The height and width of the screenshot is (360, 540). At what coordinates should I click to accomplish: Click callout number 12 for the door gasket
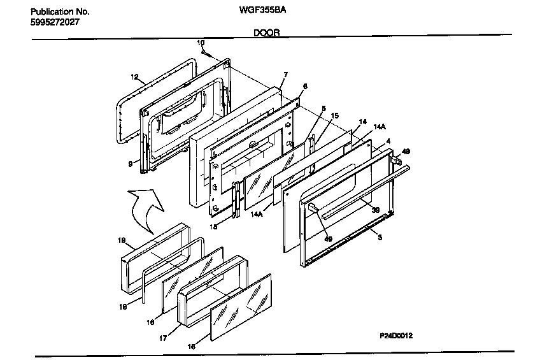[134, 77]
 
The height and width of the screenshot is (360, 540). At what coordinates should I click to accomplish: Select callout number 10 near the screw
[200, 43]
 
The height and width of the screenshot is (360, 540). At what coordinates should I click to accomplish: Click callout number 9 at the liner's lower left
[130, 164]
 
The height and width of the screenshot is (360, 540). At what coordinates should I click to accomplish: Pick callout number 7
[285, 75]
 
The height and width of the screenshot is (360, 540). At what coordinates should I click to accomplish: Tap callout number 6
[304, 86]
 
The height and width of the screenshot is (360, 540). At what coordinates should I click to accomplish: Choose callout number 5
[323, 108]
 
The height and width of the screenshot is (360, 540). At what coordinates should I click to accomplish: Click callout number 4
[388, 141]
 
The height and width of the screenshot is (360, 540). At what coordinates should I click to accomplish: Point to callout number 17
[162, 338]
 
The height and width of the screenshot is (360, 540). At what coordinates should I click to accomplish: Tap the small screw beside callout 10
[205, 54]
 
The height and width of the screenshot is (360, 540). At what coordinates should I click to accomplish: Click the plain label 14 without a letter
[363, 121]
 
